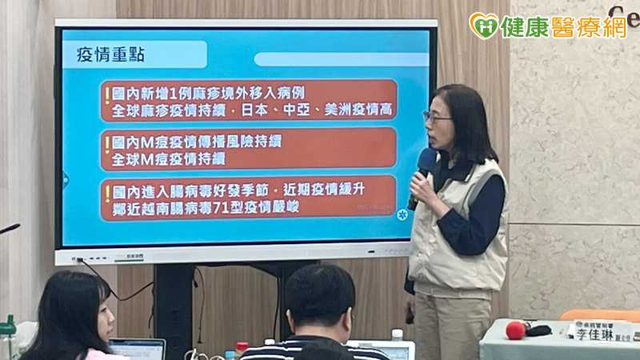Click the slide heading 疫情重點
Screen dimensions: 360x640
tap(106, 55)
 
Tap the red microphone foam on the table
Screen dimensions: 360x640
tap(515, 330)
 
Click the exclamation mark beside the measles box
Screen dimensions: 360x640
tap(107, 98)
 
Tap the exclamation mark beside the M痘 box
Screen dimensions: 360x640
tap(107, 146)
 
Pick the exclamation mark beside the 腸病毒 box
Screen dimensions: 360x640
tap(107, 194)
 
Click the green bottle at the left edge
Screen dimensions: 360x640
tap(8, 336)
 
